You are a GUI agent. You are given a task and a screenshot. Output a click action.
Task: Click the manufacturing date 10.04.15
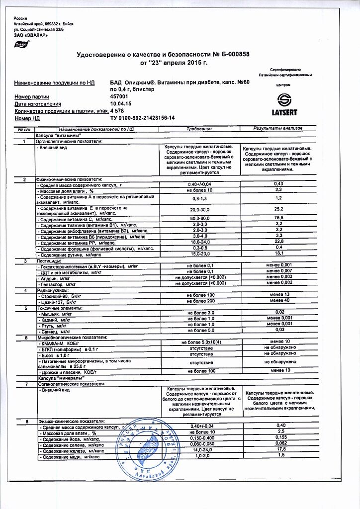tap(121, 104)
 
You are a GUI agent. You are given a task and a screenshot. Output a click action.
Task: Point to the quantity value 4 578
tap(117, 111)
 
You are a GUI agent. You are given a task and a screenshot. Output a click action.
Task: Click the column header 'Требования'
tap(199, 129)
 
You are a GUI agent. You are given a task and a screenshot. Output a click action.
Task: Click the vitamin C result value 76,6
tap(278, 218)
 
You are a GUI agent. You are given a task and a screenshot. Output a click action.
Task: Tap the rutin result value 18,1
tap(278, 254)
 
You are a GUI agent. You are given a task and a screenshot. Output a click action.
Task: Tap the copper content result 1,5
tap(281, 455)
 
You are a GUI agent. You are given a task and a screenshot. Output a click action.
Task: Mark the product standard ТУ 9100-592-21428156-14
tap(142, 118)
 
